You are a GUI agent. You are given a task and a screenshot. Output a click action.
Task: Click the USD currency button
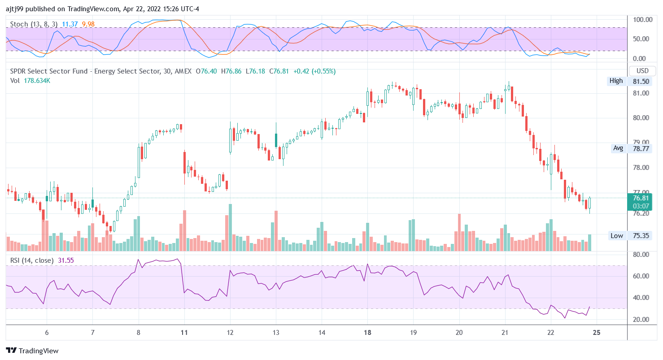[642, 71]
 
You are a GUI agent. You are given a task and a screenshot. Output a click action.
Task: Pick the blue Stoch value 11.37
[69, 24]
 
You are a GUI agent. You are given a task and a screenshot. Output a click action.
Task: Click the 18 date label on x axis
[367, 333]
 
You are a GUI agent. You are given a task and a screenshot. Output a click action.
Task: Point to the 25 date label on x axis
[597, 333]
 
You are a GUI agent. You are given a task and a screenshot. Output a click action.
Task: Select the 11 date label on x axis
[184, 333]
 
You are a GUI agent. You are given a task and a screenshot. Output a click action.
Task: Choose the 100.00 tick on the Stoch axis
[641, 20]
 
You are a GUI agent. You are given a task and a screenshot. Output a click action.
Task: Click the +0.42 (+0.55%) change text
[316, 71]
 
